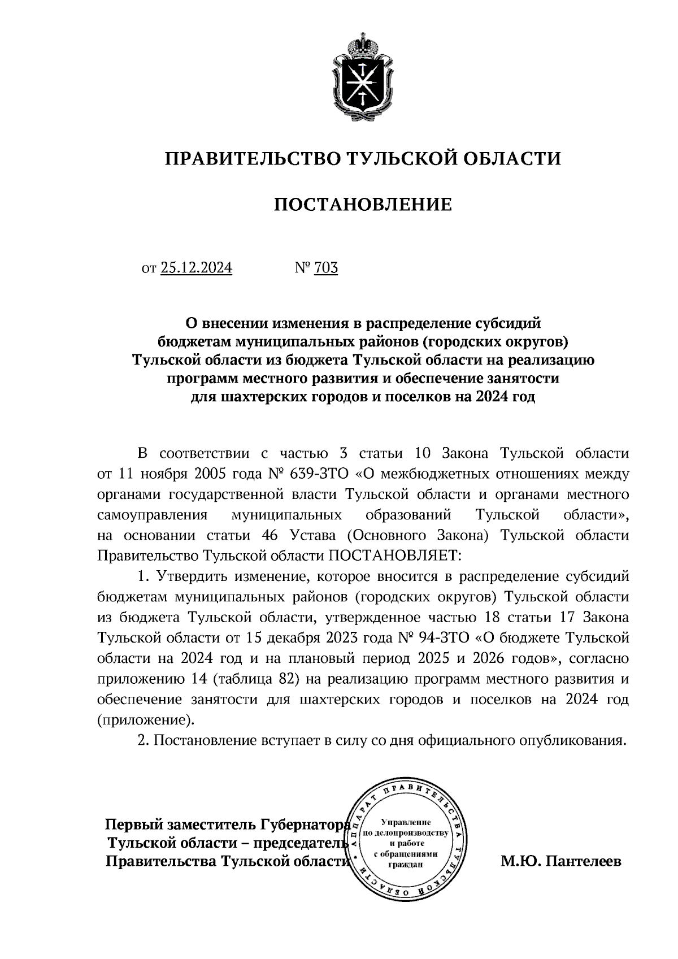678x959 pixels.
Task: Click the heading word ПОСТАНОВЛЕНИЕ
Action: [363, 204]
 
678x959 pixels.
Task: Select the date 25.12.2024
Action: [196, 267]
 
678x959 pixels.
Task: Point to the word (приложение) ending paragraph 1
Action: [145, 721]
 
